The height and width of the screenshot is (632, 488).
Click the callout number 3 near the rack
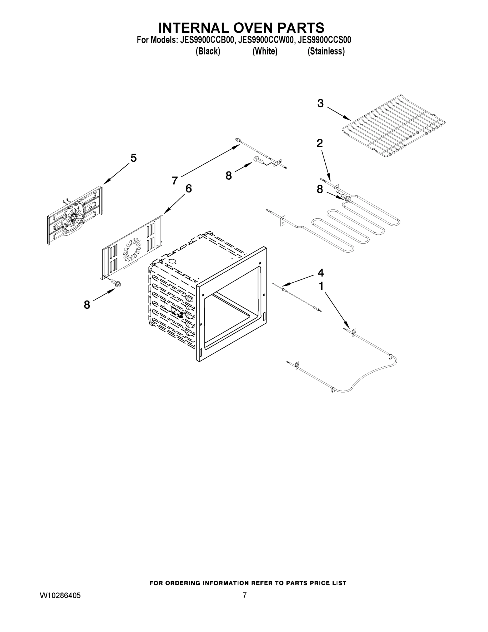[x=320, y=103]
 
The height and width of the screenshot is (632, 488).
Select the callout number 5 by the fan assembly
[x=133, y=158]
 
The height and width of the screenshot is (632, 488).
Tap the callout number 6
[x=188, y=189]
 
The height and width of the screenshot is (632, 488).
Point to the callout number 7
[x=175, y=181]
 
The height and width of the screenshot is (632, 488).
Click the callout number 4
[x=321, y=273]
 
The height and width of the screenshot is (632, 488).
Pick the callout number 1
[x=321, y=286]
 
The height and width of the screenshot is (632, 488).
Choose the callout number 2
[x=319, y=143]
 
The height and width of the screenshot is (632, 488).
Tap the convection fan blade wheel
[x=74, y=216]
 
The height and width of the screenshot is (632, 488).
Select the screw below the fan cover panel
[x=117, y=284]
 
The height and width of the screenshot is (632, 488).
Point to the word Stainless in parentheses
[x=326, y=52]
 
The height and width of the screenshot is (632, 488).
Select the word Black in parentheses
[x=208, y=52]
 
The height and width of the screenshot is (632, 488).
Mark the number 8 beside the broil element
[x=319, y=190]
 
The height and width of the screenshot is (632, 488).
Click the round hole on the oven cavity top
[x=172, y=261]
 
